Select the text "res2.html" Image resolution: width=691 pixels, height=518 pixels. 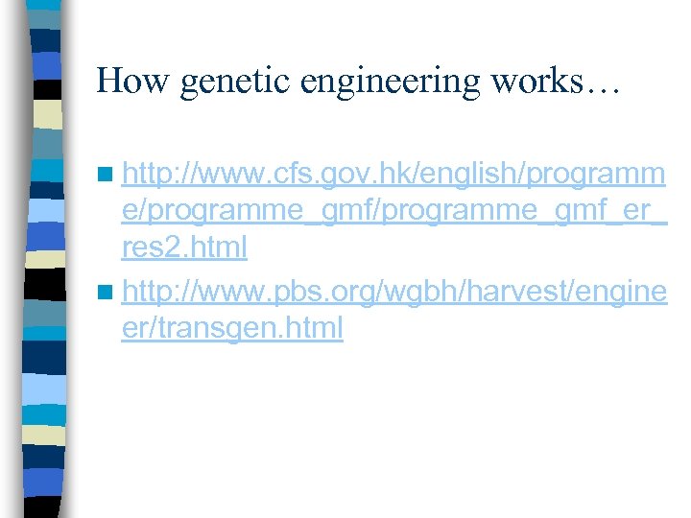tap(184, 247)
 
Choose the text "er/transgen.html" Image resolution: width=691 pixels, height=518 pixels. tap(232, 328)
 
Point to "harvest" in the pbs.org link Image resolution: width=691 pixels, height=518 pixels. tap(516, 289)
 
